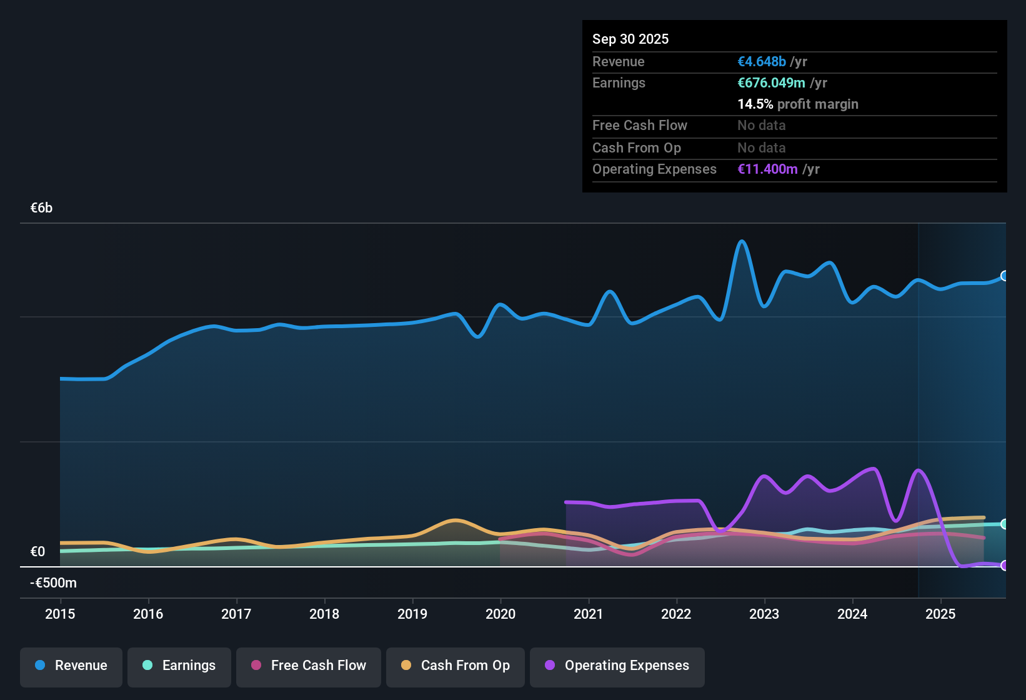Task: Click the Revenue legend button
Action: click(71, 666)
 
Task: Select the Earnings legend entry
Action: click(179, 666)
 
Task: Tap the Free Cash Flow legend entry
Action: click(309, 666)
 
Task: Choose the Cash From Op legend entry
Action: click(456, 666)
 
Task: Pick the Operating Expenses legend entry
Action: click(617, 666)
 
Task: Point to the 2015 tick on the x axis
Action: click(60, 614)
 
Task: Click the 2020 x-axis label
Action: click(501, 614)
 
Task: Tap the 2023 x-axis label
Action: click(764, 614)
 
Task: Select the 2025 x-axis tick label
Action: click(940, 614)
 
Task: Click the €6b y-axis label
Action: click(41, 208)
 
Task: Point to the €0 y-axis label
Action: click(37, 551)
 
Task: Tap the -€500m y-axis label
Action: click(53, 583)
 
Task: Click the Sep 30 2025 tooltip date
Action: click(630, 39)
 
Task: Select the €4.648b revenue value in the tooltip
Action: click(762, 61)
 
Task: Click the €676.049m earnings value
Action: click(771, 82)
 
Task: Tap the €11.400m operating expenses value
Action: click(767, 169)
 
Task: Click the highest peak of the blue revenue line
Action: click(742, 241)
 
